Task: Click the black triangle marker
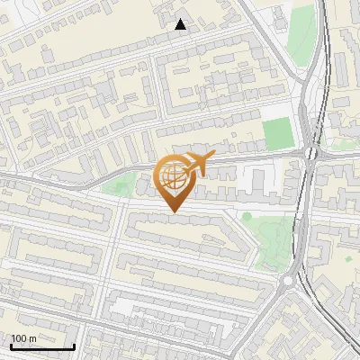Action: click(x=181, y=24)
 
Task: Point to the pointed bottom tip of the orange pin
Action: click(x=173, y=211)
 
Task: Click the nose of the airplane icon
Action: click(x=211, y=157)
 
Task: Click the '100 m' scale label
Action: click(x=23, y=338)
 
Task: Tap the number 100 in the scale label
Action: click(x=18, y=338)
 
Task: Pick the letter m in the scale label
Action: click(x=32, y=339)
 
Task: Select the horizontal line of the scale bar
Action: click(x=42, y=346)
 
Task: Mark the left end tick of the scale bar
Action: click(x=11, y=346)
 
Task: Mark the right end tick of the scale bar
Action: click(x=74, y=346)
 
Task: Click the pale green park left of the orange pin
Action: click(x=116, y=187)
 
